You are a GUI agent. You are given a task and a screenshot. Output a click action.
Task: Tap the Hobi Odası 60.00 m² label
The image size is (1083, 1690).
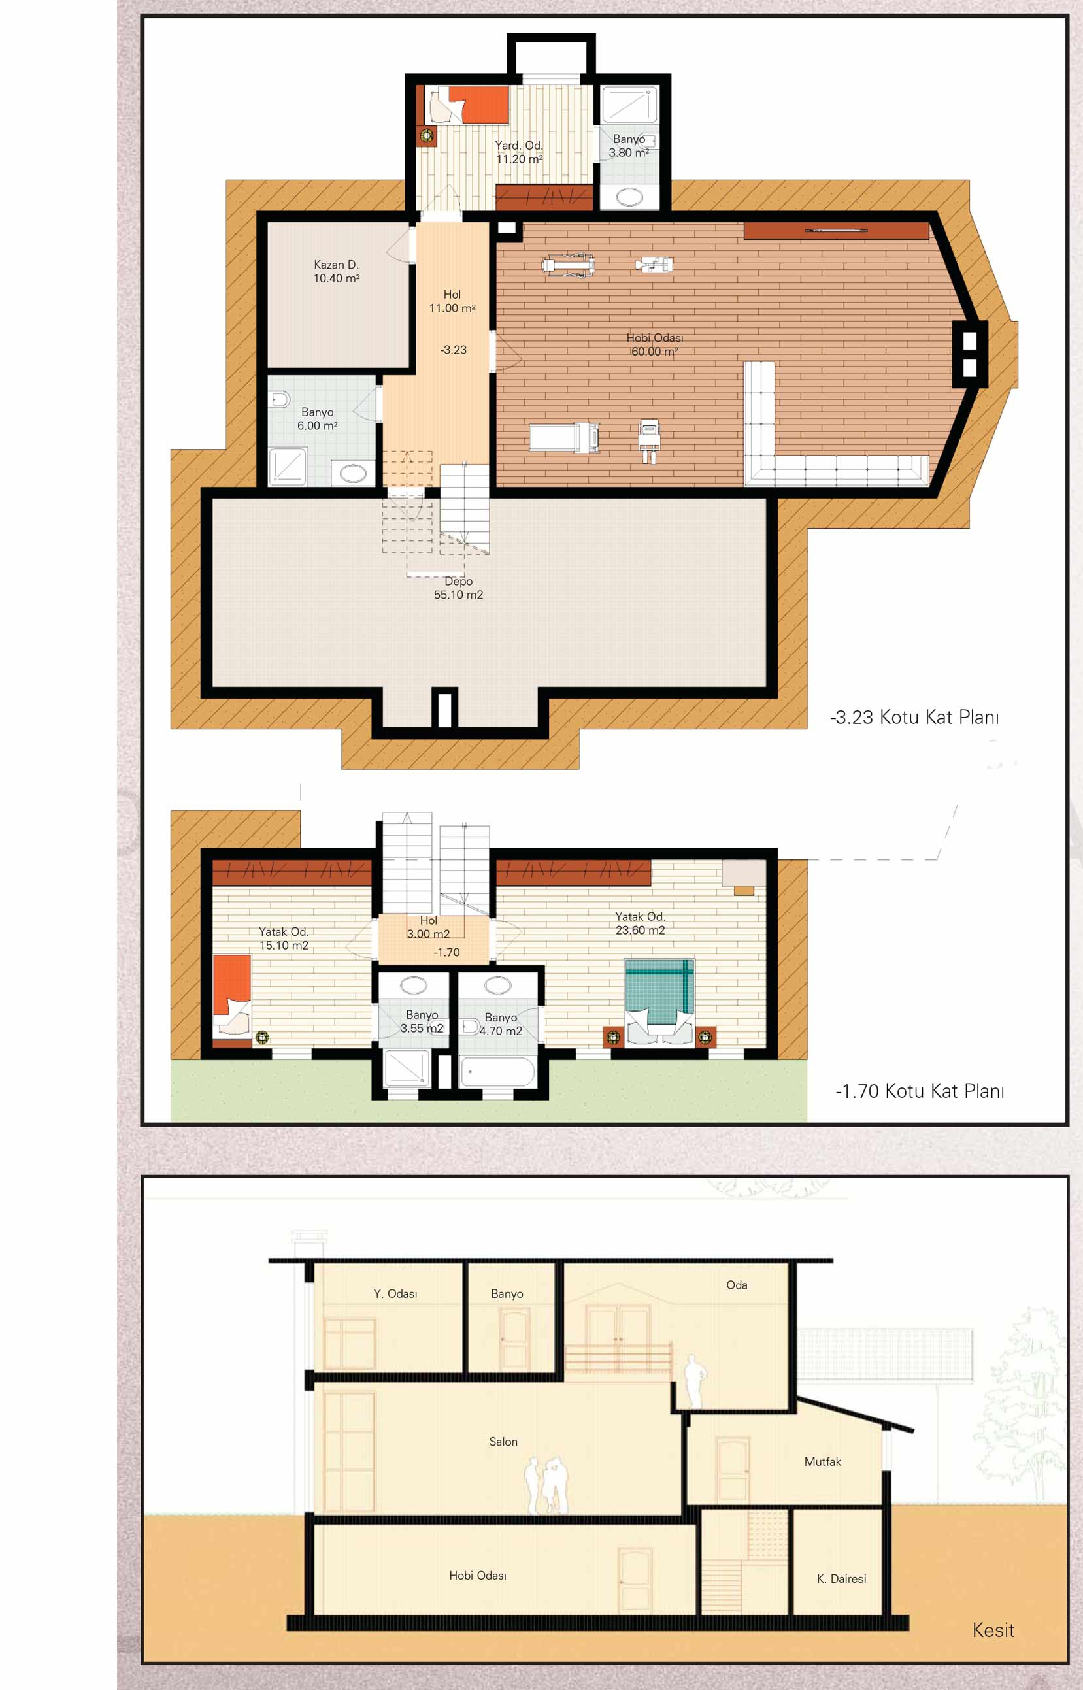point(655,344)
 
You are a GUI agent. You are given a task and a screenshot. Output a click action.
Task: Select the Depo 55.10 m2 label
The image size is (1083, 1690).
point(459,588)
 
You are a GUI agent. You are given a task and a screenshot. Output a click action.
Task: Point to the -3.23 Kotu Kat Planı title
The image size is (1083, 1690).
point(914,718)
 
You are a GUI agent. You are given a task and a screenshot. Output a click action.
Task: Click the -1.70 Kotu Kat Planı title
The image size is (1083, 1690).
point(920,1091)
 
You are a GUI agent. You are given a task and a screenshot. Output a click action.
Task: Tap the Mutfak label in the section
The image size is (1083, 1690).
point(822,1461)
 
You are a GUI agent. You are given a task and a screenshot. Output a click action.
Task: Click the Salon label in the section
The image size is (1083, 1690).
point(503,1442)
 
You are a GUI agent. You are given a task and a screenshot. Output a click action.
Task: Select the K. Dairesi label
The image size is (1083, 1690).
point(841,1578)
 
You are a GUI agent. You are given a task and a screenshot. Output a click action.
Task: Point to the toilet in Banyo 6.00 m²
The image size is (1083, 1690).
point(280,400)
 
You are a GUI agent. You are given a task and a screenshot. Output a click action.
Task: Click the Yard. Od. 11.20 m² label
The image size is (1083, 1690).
point(519,152)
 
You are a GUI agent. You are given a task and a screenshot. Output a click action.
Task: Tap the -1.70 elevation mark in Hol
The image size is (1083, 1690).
point(446,953)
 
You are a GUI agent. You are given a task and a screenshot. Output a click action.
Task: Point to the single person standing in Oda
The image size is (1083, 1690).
point(694,1382)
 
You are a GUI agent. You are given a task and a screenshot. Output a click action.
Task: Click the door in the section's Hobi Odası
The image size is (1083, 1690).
point(635,1580)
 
